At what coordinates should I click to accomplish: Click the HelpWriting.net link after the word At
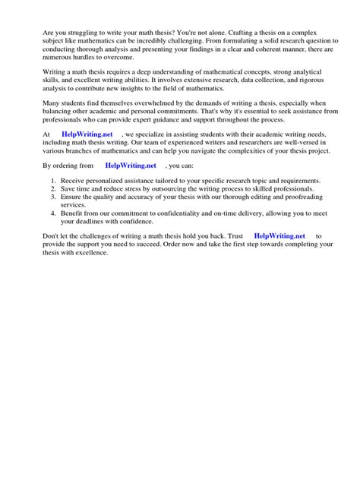87,134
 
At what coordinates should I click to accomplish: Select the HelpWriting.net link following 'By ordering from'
131,164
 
